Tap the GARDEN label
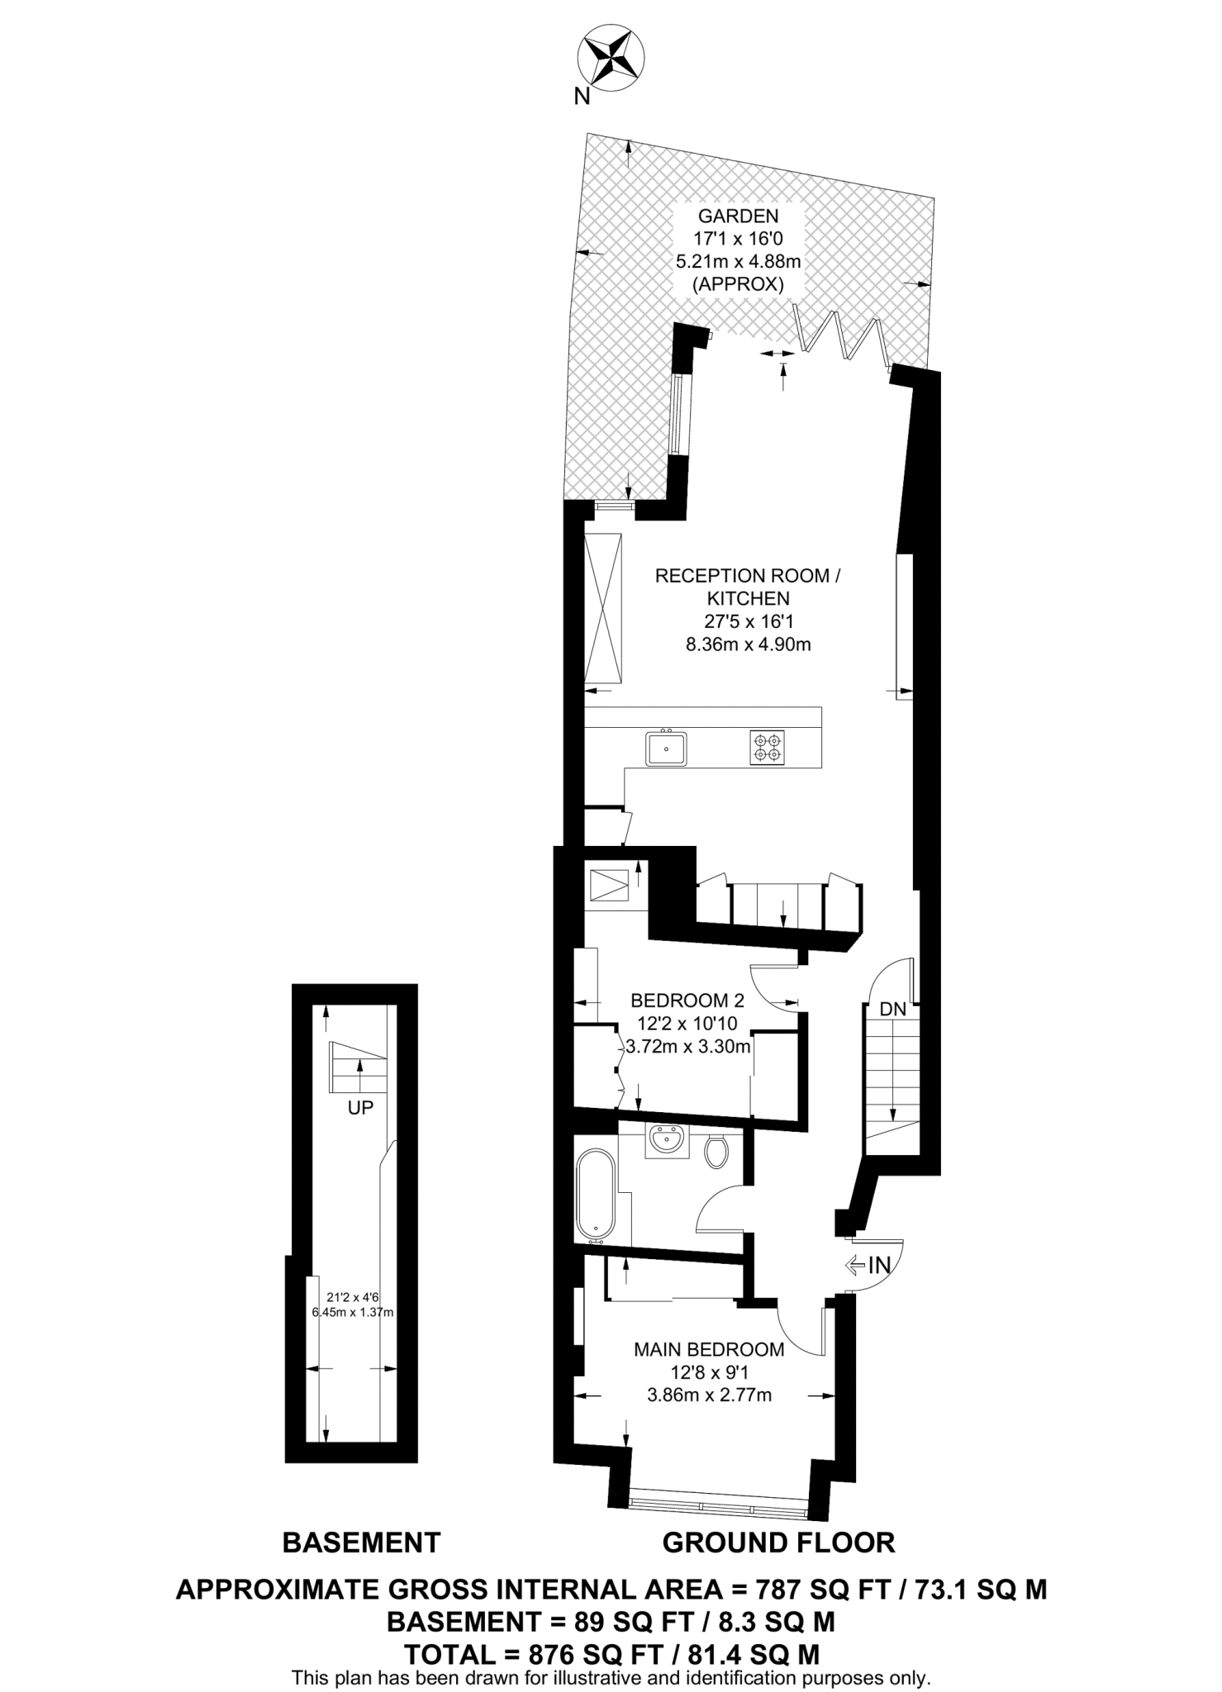738,216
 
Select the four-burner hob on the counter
767,746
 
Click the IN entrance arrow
868,1265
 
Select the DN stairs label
892,1009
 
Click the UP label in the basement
360,1108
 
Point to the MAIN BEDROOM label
709,1350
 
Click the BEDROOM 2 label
687,1000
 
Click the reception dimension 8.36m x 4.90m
748,644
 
